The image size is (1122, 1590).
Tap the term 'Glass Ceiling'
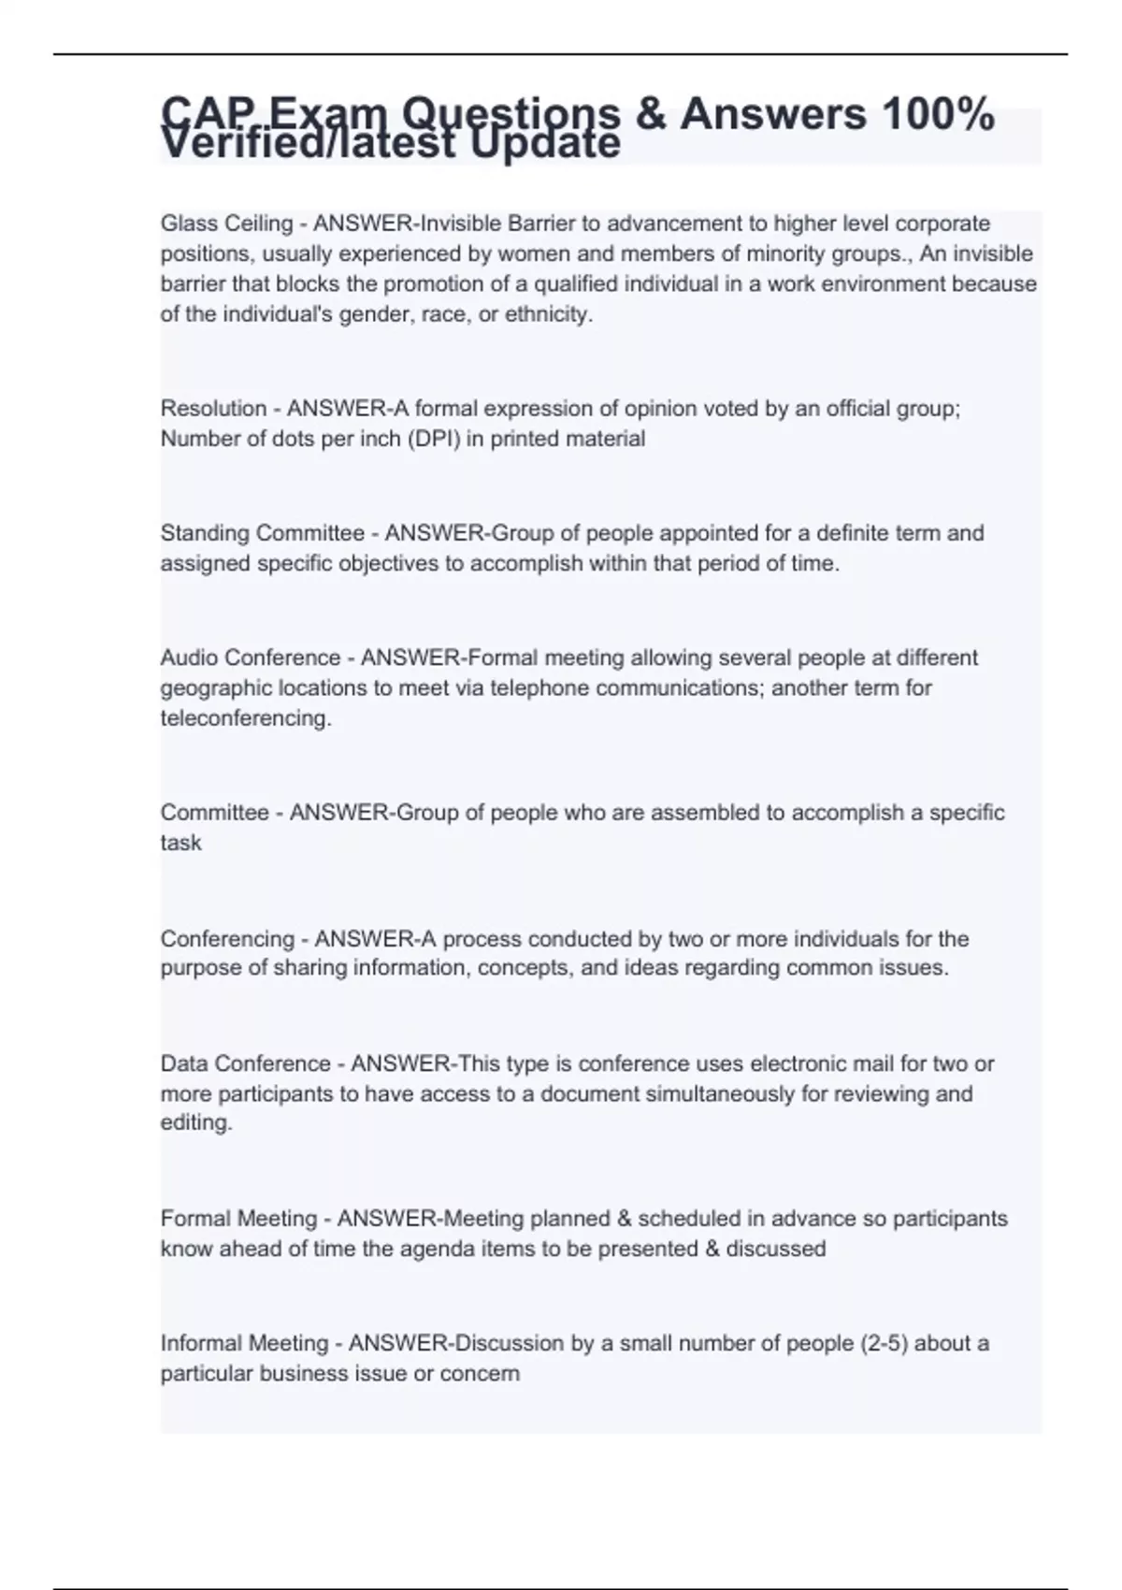click(226, 224)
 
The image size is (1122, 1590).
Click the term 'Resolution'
click(213, 409)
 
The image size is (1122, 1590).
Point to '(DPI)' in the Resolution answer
click(433, 439)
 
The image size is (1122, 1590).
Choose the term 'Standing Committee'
click(262, 533)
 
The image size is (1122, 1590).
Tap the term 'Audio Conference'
click(250, 658)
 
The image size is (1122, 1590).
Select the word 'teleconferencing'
click(244, 718)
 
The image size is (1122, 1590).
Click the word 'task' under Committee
click(180, 843)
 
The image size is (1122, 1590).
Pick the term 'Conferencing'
click(227, 939)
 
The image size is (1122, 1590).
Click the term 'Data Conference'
click(245, 1063)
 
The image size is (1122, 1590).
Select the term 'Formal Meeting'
click(238, 1219)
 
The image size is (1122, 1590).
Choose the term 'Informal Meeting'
click(244, 1343)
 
